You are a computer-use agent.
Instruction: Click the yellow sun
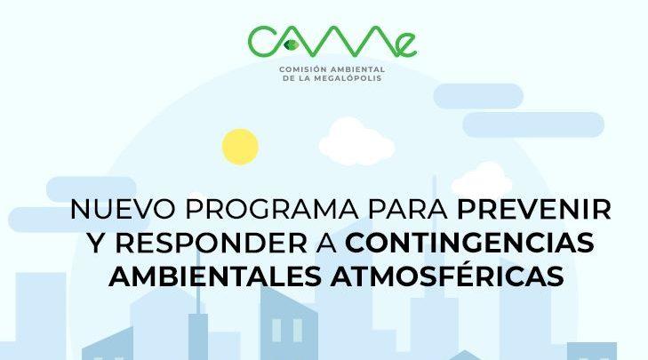pyautogui.click(x=240, y=147)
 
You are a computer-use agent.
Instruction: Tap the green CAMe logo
pyautogui.click(x=332, y=42)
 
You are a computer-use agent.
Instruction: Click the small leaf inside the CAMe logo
pyautogui.click(x=292, y=44)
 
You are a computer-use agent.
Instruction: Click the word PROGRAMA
pyautogui.click(x=271, y=209)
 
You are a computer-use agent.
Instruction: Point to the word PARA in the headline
pyautogui.click(x=407, y=209)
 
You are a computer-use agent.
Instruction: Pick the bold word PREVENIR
pyautogui.click(x=534, y=209)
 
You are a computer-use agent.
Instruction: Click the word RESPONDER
pyautogui.click(x=211, y=243)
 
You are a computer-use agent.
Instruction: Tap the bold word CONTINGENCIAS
pyautogui.click(x=469, y=243)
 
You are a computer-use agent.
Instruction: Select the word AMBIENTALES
pyautogui.click(x=215, y=276)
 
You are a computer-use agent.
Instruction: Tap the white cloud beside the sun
pyautogui.click(x=356, y=141)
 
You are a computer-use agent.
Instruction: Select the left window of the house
pyautogui.click(x=276, y=331)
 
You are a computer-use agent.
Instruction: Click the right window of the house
pyautogui.click(x=298, y=331)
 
